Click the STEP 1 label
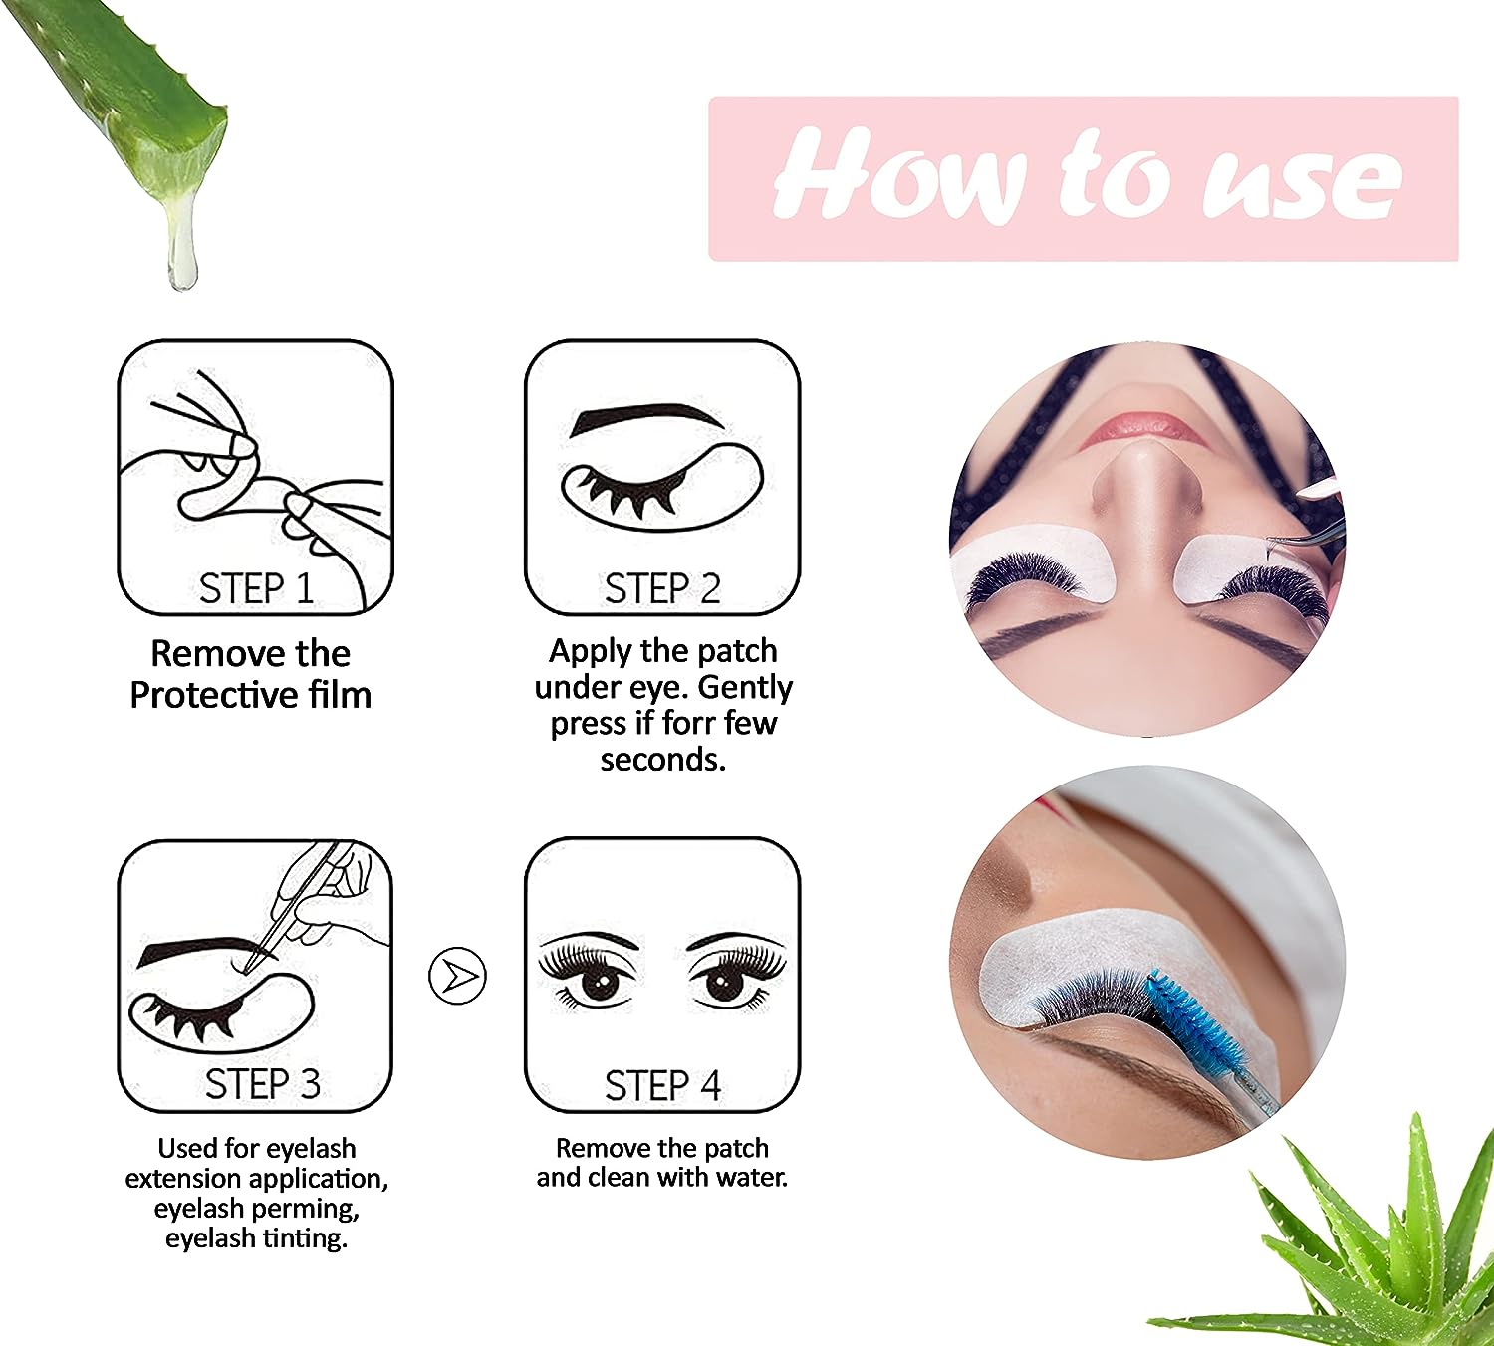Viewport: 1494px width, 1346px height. click(x=256, y=588)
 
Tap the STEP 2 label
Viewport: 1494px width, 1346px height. click(x=662, y=588)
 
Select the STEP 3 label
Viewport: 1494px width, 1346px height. click(x=262, y=1084)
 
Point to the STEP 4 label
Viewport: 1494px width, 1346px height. click(x=662, y=1085)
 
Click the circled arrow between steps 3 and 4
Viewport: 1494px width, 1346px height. click(x=457, y=976)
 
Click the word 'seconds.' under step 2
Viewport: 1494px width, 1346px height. click(x=663, y=760)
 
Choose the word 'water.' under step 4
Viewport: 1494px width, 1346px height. click(x=752, y=1177)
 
